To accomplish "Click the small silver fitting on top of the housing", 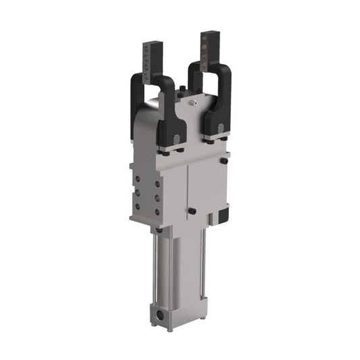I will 192,102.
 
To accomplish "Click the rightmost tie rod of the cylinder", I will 203,270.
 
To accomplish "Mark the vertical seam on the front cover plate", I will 186,196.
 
